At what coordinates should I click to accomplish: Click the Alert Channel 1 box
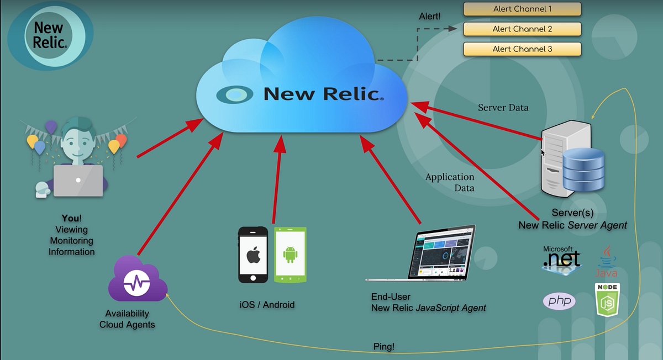click(x=522, y=9)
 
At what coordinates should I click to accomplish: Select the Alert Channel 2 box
click(x=522, y=29)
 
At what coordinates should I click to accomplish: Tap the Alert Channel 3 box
click(x=522, y=49)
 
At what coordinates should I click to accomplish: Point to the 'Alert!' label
click(x=430, y=17)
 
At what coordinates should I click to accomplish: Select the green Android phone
click(x=290, y=255)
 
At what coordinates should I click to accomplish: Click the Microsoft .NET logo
click(x=561, y=257)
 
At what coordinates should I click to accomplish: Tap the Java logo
click(x=606, y=261)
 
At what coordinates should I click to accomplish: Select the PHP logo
click(x=559, y=301)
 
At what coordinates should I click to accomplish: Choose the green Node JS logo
click(x=607, y=300)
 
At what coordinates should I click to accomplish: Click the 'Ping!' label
click(x=384, y=347)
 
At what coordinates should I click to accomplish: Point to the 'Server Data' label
click(x=503, y=108)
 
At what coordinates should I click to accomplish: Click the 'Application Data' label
click(x=450, y=182)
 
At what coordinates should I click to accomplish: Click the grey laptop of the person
click(x=78, y=181)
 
